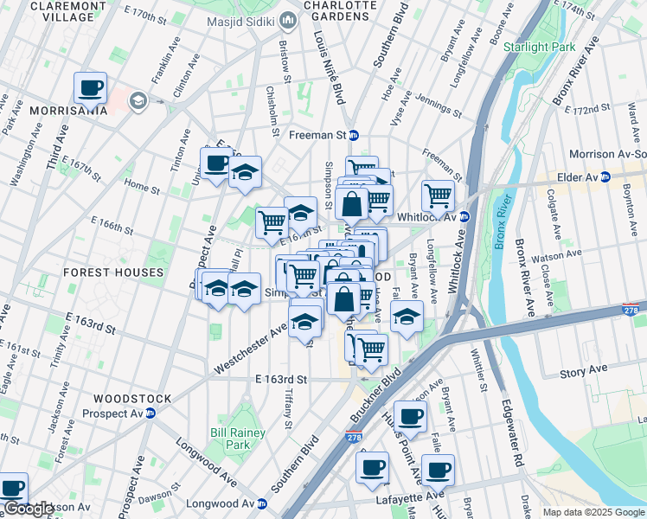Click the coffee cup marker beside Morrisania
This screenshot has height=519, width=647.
(90, 88)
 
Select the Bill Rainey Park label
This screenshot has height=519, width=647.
(230, 438)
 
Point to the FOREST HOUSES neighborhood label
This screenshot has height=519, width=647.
(113, 272)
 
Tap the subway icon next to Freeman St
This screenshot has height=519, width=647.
(353, 135)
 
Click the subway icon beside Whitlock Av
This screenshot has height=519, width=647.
(464, 217)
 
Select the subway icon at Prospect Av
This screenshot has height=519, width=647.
(150, 413)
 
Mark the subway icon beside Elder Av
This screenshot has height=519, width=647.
(605, 177)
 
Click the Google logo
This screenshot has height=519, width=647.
(29, 509)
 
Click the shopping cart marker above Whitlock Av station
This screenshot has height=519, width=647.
(438, 196)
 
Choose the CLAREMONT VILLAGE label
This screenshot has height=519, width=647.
(61, 10)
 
